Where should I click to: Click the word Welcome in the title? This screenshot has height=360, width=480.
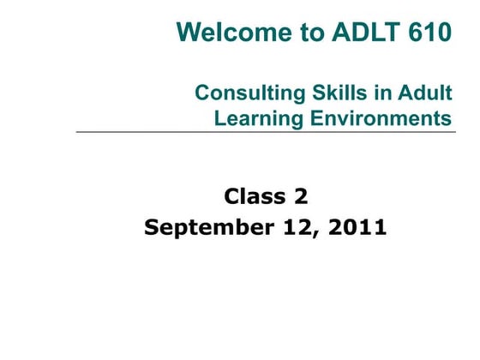tap(230, 33)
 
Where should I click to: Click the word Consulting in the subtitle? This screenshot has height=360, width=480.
tap(246, 93)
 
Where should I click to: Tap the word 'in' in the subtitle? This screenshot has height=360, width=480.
tap(376, 93)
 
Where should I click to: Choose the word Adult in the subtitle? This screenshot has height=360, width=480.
tap(425, 93)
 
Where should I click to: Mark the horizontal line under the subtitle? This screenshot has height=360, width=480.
tap(266, 132)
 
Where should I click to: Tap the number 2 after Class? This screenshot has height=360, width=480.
tap(300, 197)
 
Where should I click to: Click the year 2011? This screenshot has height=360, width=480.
tap(357, 228)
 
